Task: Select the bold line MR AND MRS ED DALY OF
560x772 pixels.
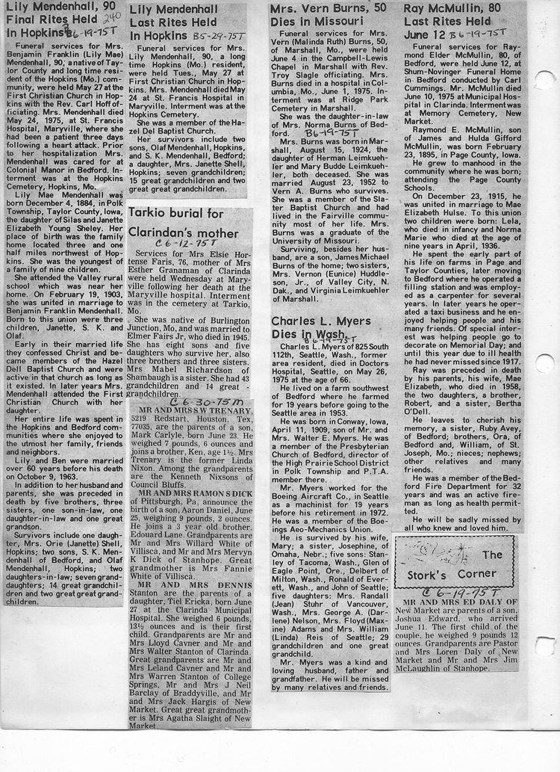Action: click(x=452, y=601)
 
